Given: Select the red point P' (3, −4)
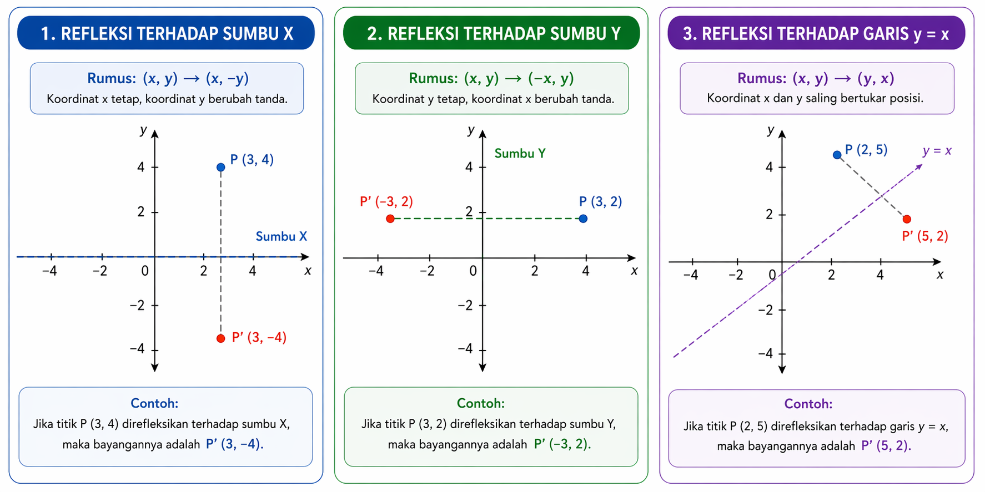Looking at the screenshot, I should coord(221,338).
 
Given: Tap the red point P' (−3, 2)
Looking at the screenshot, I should coord(390,219).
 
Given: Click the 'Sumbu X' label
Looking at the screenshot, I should coord(281,237).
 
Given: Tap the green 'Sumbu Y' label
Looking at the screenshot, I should coord(520,154).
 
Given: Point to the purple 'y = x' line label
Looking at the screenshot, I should coord(937,151).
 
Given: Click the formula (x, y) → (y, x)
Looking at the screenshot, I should coord(843,78).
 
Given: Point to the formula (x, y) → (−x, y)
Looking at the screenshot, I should coord(519,78).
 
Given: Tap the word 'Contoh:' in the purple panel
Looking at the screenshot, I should coord(808,404).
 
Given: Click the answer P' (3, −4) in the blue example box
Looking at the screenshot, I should coord(234,444).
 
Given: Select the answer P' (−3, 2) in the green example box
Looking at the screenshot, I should coord(562,444).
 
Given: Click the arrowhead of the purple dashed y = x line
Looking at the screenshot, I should coord(919,166).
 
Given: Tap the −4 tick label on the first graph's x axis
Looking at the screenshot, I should coord(49,271).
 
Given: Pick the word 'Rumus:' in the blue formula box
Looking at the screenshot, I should coord(112,78).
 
